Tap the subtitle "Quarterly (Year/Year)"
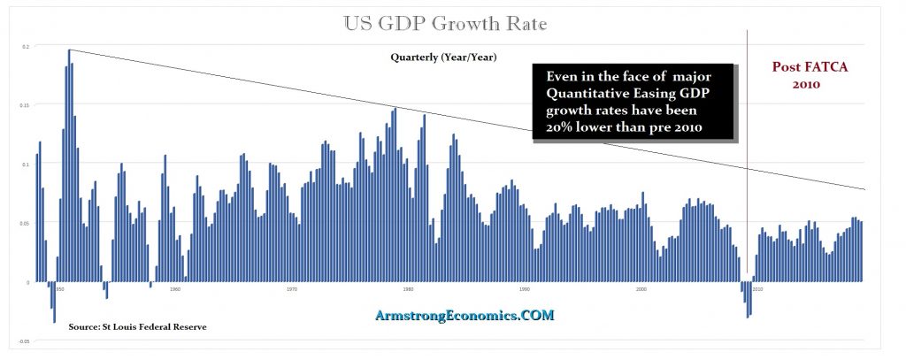[443, 57]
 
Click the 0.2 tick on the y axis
[27, 46]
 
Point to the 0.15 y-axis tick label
[26, 105]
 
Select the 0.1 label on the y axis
[27, 164]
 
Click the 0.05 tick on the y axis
[26, 223]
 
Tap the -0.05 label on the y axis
[25, 341]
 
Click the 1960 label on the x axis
[175, 288]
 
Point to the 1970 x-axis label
[291, 288]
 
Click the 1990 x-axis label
[525, 288]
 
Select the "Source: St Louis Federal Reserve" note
[138, 327]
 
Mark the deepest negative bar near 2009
[748, 301]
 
